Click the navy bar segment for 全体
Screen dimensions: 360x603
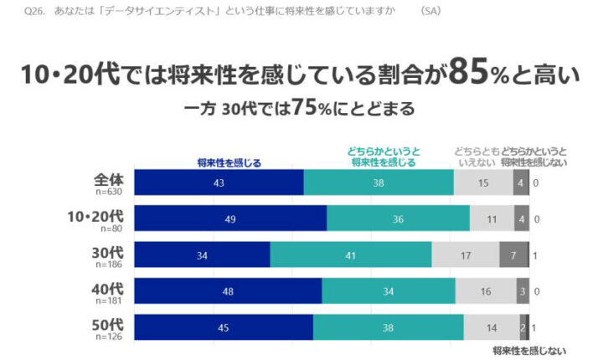tap(218, 183)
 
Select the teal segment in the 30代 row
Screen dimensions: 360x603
tap(351, 255)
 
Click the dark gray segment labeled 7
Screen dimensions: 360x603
tap(513, 255)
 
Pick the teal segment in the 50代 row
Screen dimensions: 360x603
tap(388, 327)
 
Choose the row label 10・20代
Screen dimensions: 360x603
tap(95, 216)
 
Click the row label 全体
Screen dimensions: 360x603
tap(109, 179)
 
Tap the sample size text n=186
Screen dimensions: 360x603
tap(110, 264)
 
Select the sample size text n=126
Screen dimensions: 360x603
tap(110, 337)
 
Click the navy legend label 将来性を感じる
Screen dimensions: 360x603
tap(228, 162)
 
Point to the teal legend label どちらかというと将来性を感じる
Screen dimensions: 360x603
tap(384, 157)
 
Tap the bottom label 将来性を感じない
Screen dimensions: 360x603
tap(529, 350)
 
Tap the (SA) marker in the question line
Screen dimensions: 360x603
tap(430, 11)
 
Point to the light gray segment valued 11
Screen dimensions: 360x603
tap(491, 219)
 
